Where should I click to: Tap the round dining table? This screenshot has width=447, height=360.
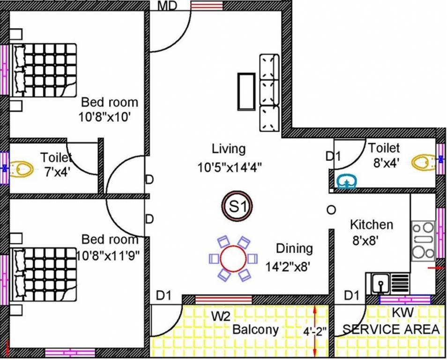pyautogui.click(x=233, y=259)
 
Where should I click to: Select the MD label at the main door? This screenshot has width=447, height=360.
pyautogui.click(x=167, y=6)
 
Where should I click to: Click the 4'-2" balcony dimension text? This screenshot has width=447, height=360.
pyautogui.click(x=313, y=332)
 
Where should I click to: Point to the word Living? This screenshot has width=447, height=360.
pyautogui.click(x=228, y=149)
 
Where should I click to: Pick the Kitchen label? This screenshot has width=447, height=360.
pyautogui.click(x=372, y=225)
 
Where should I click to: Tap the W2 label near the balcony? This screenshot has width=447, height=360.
pyautogui.click(x=220, y=316)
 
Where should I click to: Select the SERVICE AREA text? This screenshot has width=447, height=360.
pyautogui.click(x=391, y=329)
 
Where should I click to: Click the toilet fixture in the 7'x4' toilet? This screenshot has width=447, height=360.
pyautogui.click(x=21, y=168)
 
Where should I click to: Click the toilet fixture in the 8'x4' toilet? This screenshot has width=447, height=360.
pyautogui.click(x=424, y=162)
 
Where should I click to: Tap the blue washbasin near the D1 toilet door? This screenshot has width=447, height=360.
pyautogui.click(x=346, y=181)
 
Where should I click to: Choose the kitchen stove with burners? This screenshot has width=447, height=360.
pyautogui.click(x=423, y=240)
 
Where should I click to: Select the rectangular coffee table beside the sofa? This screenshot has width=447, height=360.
pyautogui.click(x=246, y=91)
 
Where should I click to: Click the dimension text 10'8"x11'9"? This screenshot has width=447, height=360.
pyautogui.click(x=108, y=255)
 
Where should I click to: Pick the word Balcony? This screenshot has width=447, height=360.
pyautogui.click(x=255, y=330)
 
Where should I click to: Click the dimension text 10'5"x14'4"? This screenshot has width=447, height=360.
pyautogui.click(x=229, y=166)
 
